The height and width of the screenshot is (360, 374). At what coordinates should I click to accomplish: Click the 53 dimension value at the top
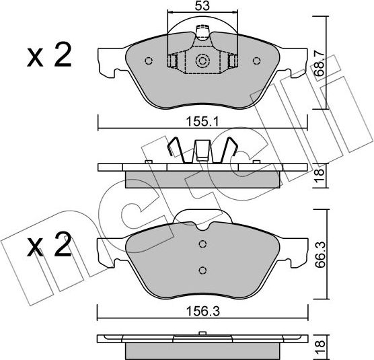[x=201, y=6]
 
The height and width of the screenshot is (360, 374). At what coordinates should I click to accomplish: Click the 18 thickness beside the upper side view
[x=328, y=176]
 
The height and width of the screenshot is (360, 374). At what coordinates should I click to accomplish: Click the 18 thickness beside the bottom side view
[x=328, y=347]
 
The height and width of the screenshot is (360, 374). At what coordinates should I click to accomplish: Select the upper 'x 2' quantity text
[x=48, y=57]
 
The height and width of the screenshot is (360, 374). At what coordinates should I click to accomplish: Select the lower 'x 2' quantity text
[x=48, y=248]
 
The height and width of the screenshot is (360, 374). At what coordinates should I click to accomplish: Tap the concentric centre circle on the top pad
[x=202, y=61]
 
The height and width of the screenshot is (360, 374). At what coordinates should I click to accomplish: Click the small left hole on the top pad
[x=149, y=61]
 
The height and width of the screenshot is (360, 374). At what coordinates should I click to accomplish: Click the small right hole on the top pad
[x=256, y=61]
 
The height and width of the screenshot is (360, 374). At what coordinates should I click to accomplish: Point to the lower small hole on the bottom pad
[x=202, y=271]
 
